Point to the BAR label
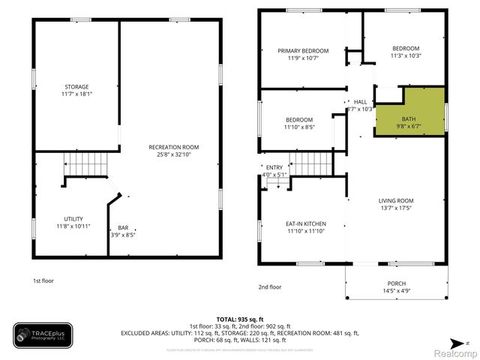click(123, 228)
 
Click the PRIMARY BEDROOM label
click(304, 51)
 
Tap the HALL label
click(360, 102)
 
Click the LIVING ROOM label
click(396, 200)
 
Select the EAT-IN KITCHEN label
click(304, 223)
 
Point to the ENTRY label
click(274, 168)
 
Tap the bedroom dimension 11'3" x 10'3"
click(406, 55)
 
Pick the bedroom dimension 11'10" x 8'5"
click(299, 127)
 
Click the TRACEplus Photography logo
click(43, 334)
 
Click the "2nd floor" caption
click(270, 286)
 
